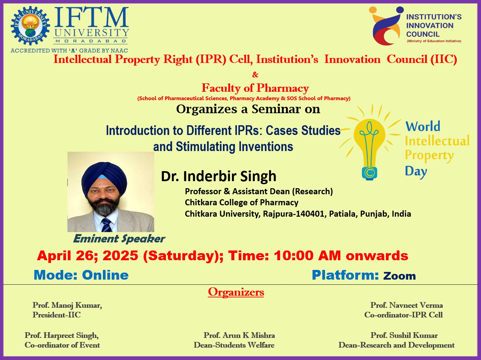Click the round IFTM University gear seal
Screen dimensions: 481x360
[30, 26]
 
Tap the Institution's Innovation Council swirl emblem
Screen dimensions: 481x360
[386, 25]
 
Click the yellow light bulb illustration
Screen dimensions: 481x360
[370, 143]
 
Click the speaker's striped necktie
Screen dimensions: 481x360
[107, 225]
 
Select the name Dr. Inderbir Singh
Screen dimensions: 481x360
[219, 176]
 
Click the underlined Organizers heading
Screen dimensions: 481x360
[236, 292]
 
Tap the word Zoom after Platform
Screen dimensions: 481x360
[399, 276]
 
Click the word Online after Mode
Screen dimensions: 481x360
[105, 275]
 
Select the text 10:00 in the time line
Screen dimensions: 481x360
[294, 256]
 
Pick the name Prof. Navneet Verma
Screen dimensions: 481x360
[407, 305]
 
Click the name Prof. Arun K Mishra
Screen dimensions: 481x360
[239, 335]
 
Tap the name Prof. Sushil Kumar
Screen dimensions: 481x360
[404, 335]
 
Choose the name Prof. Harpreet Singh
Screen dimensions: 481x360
[62, 336]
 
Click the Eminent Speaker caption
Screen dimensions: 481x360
[119, 239]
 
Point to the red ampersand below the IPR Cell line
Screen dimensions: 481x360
[255, 75]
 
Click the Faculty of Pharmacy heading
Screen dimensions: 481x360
[255, 88]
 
